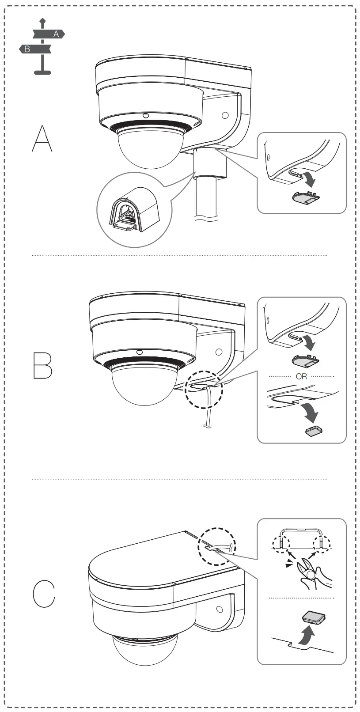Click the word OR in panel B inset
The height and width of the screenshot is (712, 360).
coord(301,377)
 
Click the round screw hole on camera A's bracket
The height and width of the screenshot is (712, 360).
coord(225,116)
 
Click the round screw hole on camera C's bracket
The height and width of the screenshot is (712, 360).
coord(220,610)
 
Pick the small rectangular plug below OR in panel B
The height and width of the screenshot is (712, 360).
coord(314,431)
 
